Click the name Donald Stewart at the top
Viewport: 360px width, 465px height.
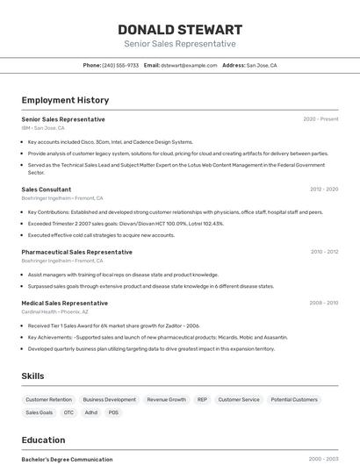pos(180,29)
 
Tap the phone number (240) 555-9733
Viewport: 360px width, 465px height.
pos(120,65)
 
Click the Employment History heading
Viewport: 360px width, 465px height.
pos(65,100)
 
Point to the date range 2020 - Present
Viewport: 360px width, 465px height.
pos(320,119)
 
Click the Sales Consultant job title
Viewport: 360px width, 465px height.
pos(47,189)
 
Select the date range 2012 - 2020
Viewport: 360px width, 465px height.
pos(324,189)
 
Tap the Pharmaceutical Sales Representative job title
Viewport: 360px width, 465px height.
pos(77,252)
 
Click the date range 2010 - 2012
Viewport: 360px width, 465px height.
pos(324,252)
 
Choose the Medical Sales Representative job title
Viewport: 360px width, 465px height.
pos(65,303)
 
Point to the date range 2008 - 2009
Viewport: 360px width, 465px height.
pos(323,303)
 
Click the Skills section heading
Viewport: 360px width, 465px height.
pos(32,376)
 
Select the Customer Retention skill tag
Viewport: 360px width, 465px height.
pos(48,399)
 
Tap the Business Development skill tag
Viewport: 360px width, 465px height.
pos(110,399)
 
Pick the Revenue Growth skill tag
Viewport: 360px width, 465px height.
pos(166,399)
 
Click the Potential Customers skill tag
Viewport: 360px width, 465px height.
pos(294,399)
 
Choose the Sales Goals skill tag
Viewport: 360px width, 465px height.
pos(39,412)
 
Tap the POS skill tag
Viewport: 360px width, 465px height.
pos(113,412)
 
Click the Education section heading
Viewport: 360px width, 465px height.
pos(43,440)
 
